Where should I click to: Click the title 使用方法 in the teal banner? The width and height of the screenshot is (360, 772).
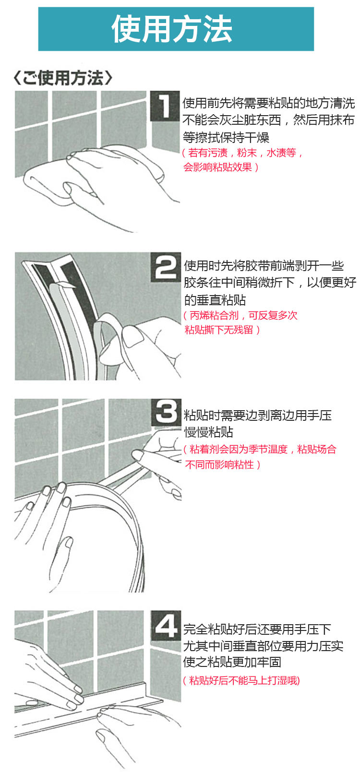[x=171, y=29]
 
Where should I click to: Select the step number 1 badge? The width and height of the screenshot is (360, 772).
[x=165, y=106]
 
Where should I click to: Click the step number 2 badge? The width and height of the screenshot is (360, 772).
[x=166, y=267]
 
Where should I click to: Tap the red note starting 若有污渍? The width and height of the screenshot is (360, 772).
[x=242, y=152]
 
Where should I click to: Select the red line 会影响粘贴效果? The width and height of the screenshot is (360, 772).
[x=221, y=167]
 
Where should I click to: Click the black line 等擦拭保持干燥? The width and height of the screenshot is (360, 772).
[x=226, y=138]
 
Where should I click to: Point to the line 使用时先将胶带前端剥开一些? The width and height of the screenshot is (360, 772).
[x=264, y=265]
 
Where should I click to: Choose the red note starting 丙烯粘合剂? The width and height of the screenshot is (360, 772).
[x=240, y=315]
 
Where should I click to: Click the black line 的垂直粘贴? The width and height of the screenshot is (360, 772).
[x=215, y=300]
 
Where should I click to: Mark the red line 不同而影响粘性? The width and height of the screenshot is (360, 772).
[x=222, y=464]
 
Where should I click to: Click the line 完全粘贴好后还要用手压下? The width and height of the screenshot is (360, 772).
[x=257, y=629]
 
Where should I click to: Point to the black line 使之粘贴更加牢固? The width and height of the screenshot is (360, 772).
[x=232, y=662]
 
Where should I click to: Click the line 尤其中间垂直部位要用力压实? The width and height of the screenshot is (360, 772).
[x=264, y=646]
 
